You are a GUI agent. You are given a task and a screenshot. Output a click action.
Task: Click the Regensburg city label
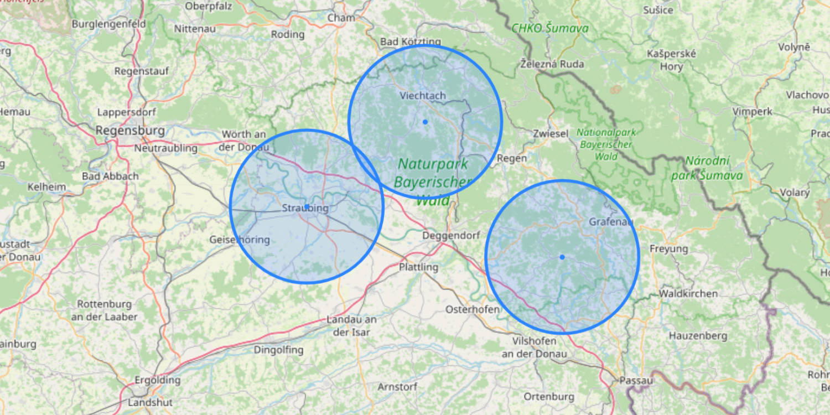click(x=130, y=131)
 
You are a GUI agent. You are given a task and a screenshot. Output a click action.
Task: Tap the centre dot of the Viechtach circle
click(x=425, y=122)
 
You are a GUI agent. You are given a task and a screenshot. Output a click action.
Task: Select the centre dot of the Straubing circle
click(x=307, y=207)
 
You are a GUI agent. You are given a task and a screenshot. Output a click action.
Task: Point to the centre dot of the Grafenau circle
click(x=562, y=257)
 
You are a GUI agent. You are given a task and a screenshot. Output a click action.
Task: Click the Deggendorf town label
click(x=451, y=236)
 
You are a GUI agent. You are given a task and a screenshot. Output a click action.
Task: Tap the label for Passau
click(x=636, y=381)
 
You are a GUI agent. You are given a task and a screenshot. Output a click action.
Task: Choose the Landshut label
click(x=150, y=402)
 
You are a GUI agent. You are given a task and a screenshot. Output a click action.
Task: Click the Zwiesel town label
click(x=551, y=134)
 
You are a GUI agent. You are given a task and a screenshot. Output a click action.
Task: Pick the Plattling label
click(x=418, y=267)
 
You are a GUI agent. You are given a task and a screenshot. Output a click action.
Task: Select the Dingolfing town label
click(x=278, y=350)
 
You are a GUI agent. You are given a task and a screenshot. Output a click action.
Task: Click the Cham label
click(x=341, y=18)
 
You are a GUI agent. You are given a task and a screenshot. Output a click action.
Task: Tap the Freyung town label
click(x=668, y=249)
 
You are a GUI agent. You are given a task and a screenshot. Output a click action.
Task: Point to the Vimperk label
click(x=752, y=112)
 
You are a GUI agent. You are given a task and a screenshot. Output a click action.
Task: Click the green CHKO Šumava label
click(x=549, y=28)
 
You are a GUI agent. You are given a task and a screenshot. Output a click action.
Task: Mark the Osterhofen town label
click(x=472, y=309)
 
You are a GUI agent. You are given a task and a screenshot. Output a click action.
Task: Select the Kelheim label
click(x=46, y=187)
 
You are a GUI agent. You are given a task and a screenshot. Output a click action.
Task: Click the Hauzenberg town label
click(x=698, y=336)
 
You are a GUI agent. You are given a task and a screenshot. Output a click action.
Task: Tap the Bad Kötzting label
click(x=411, y=42)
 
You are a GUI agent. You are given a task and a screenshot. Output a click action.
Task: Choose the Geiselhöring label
click(x=239, y=240)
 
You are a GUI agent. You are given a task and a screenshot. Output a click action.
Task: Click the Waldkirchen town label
click(x=688, y=294)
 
